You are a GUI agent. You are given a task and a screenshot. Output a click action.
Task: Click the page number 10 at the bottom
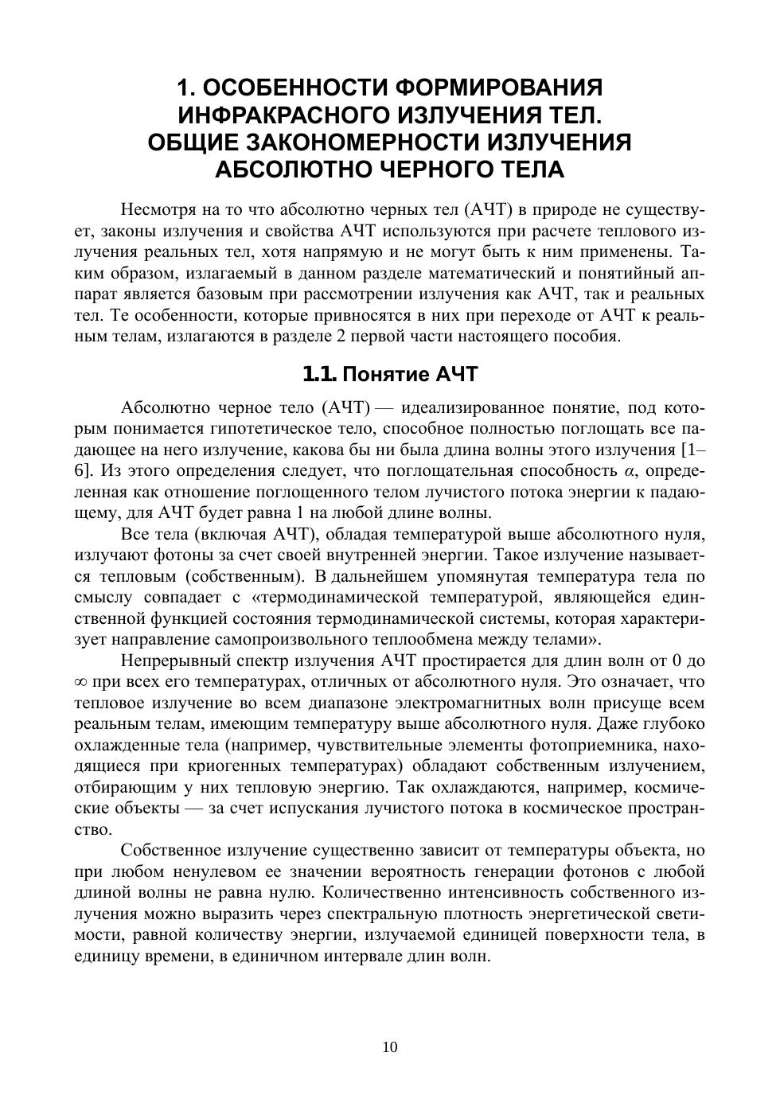[x=390, y=1047]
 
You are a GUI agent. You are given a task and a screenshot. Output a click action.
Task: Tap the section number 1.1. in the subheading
[x=322, y=374]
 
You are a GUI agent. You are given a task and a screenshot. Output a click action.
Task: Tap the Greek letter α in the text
[x=630, y=470]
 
